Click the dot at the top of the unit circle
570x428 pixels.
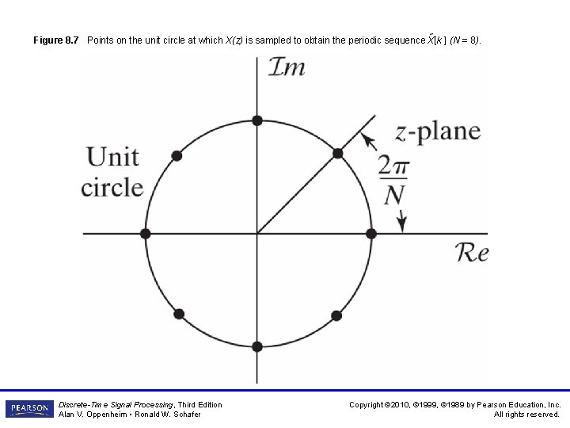(x=256, y=120)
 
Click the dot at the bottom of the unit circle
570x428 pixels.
(x=256, y=346)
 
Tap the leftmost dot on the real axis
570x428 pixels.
(x=145, y=233)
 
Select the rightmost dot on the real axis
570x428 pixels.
(x=370, y=233)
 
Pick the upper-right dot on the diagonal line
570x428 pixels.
(x=337, y=153)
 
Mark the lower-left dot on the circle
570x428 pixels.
(x=178, y=314)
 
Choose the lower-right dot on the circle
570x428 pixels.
(x=336, y=315)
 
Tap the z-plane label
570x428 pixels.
(x=438, y=130)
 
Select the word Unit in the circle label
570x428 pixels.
(x=112, y=156)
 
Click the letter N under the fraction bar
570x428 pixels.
(x=393, y=193)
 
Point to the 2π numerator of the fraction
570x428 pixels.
(x=393, y=166)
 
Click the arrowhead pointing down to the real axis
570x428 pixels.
(x=402, y=224)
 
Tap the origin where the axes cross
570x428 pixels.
(x=256, y=233)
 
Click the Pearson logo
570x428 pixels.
(x=29, y=409)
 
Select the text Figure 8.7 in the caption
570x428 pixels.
(x=56, y=40)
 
